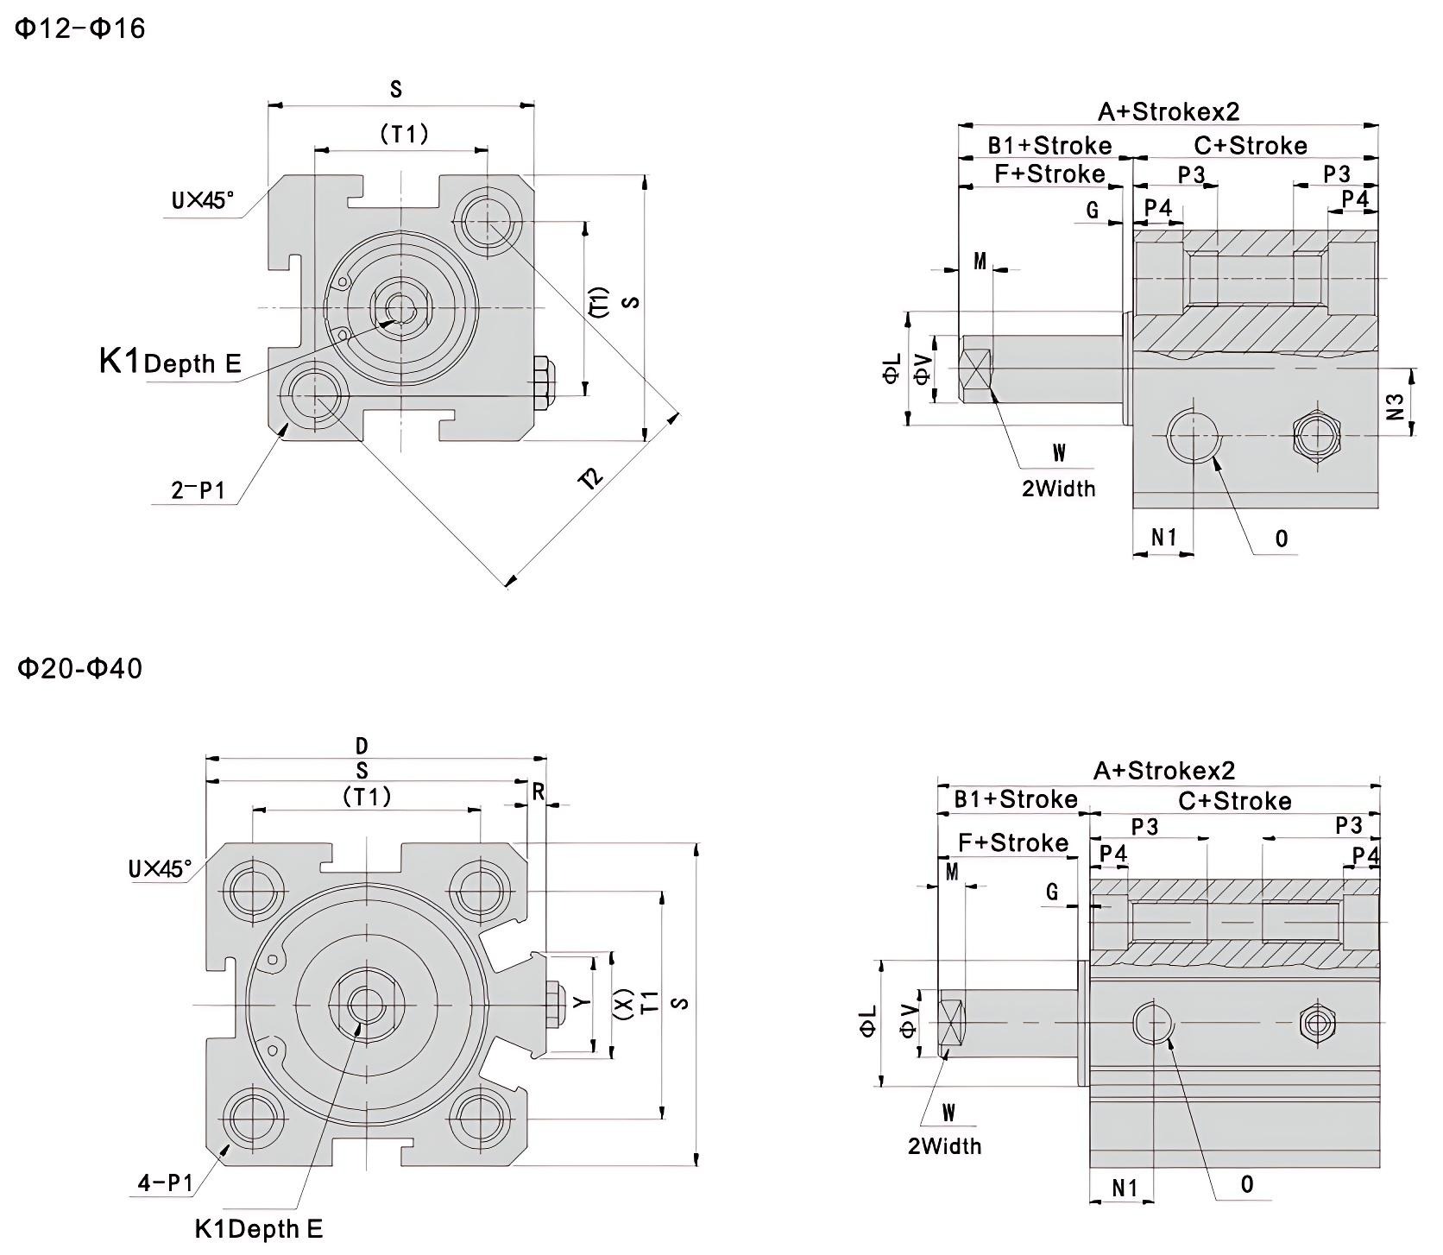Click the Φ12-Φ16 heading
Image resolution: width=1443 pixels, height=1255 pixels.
tap(80, 28)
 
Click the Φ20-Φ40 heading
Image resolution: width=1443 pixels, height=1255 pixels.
tap(80, 668)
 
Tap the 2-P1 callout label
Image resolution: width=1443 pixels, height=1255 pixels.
tap(198, 491)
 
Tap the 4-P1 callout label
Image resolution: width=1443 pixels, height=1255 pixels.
tap(166, 1182)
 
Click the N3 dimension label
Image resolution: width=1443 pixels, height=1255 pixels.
tap(1396, 407)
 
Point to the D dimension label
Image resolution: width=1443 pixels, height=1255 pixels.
tap(362, 746)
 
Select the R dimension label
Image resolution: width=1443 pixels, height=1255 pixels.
tap(539, 791)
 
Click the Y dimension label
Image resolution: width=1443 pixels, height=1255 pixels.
tap(583, 1002)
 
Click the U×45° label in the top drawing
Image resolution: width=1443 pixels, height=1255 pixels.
tap(203, 200)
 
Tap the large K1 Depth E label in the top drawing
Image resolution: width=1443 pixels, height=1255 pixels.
tap(170, 361)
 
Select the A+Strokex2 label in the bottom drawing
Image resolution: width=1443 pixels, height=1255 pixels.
tap(1164, 770)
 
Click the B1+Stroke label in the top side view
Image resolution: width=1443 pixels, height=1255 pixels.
tap(1049, 145)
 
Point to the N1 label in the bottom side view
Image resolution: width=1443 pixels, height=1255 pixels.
tap(1124, 1188)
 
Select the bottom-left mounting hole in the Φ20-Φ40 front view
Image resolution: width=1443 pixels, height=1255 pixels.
tap(253, 1119)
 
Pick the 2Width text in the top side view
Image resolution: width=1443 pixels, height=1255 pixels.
tap(1058, 489)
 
